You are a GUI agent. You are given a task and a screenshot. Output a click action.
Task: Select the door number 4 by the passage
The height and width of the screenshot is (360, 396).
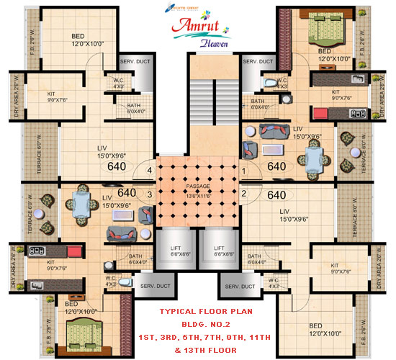[x=149, y=171]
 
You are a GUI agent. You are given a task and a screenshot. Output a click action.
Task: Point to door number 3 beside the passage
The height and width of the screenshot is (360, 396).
[x=150, y=194]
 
